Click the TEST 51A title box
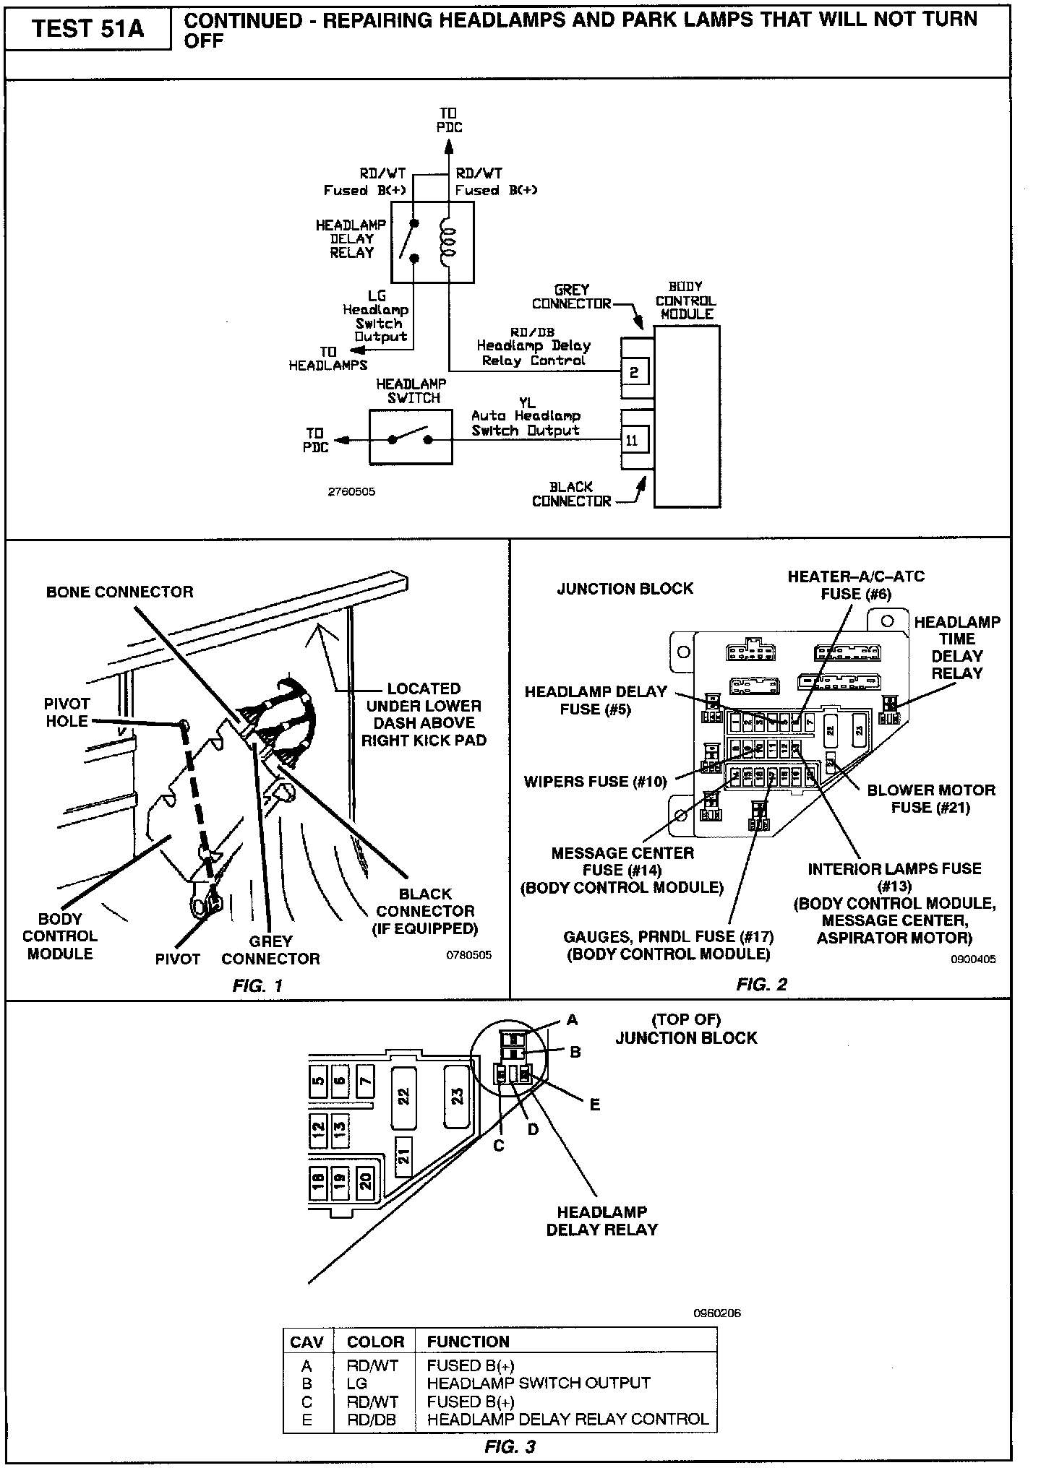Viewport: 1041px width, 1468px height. [87, 29]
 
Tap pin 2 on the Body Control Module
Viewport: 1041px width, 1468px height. [634, 372]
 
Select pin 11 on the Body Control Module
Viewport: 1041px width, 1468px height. [633, 440]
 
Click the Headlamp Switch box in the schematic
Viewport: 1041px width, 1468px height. [411, 438]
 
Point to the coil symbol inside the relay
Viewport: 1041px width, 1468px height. [449, 242]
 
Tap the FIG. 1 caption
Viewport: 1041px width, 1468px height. [257, 985]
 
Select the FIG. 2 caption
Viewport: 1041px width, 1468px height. [761, 984]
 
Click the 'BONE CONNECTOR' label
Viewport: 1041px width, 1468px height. [120, 592]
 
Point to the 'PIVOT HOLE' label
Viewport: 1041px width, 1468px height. [67, 712]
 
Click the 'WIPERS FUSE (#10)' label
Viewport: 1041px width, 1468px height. [595, 781]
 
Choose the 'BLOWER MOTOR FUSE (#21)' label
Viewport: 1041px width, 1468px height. [931, 798]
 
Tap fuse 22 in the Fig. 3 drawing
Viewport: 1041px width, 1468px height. [403, 1096]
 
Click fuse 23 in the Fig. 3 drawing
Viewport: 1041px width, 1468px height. [458, 1096]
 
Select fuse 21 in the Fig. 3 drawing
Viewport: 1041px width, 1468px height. [403, 1156]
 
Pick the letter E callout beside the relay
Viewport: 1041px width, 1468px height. [595, 1105]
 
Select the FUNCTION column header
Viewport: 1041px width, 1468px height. [468, 1342]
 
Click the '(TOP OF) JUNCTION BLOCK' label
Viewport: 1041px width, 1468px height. [685, 1029]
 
